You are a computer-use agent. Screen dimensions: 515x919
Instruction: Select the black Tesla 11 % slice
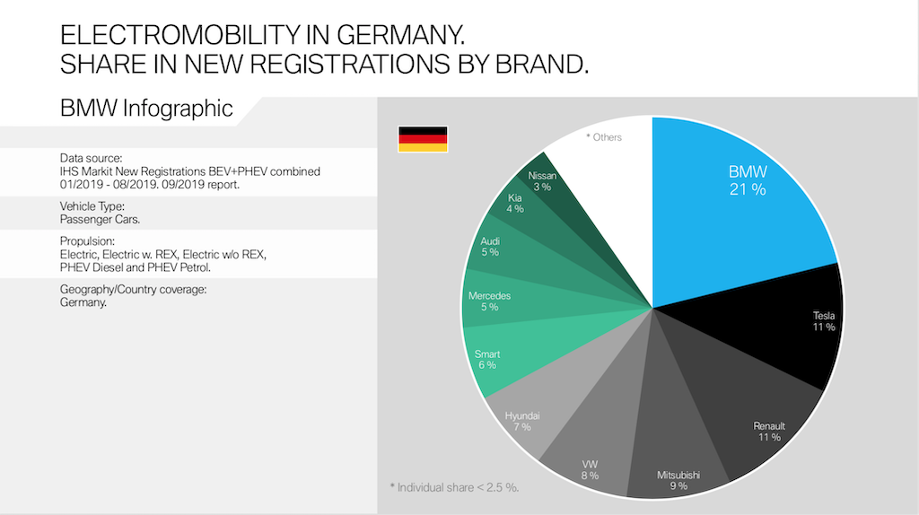[790, 332]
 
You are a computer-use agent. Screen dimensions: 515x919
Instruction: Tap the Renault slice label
[769, 431]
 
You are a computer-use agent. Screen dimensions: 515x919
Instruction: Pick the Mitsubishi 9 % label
[678, 480]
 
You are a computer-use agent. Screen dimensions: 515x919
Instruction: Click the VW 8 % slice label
[589, 469]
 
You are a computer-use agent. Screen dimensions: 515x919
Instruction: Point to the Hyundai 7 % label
[522, 422]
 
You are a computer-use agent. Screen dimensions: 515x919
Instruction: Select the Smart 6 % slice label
[487, 359]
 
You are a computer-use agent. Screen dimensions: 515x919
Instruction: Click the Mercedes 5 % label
[489, 301]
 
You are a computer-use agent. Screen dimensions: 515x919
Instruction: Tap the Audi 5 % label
[490, 247]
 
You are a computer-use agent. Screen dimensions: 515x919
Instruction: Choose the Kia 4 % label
[514, 203]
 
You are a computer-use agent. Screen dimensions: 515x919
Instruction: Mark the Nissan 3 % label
[542, 180]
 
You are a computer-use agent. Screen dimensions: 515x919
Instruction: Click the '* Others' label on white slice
[604, 137]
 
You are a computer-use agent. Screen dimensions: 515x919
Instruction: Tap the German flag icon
[423, 139]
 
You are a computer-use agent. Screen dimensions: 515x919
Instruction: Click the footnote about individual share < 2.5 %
[454, 487]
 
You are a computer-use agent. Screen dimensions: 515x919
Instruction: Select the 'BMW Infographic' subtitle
[146, 109]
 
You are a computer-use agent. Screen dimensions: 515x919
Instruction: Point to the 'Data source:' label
[91, 158]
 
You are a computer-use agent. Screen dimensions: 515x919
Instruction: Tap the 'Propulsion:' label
[88, 242]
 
